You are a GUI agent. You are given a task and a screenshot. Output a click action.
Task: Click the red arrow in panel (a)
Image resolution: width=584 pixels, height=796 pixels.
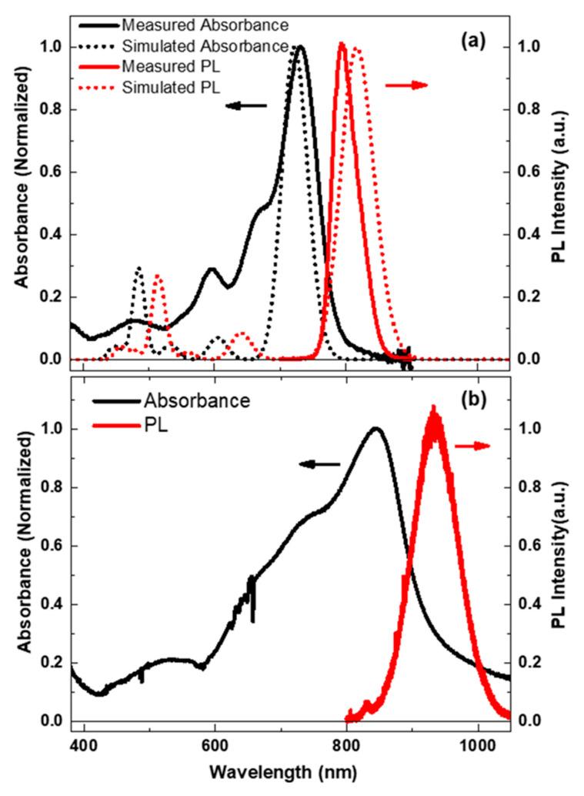click(406, 85)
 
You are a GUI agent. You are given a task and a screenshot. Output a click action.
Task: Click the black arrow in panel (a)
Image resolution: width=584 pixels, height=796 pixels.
click(246, 105)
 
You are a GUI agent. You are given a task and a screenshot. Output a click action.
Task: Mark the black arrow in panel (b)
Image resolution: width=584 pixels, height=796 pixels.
click(319, 463)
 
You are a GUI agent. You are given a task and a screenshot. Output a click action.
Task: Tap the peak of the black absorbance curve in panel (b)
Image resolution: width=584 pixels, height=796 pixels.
click(375, 429)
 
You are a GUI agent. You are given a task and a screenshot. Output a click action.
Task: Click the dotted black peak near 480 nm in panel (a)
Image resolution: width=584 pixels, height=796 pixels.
click(138, 269)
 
